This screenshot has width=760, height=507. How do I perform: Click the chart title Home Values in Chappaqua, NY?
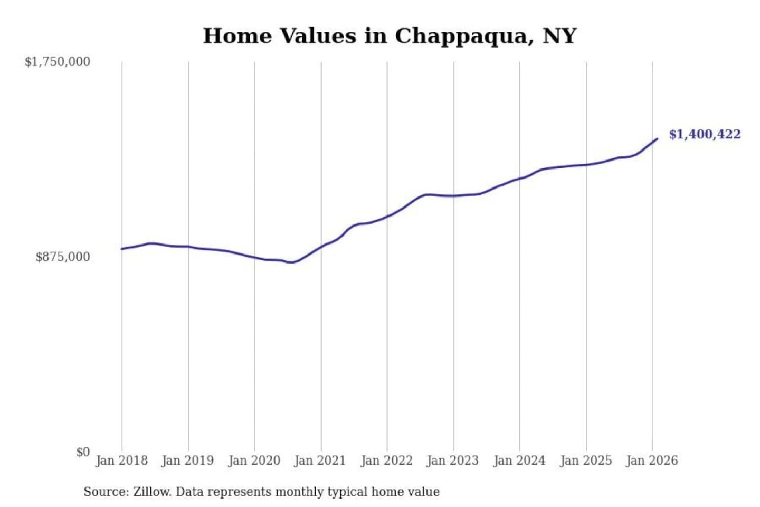389,36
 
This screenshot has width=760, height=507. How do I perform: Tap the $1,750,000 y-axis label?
58,62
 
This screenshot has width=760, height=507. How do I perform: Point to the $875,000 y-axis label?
63,257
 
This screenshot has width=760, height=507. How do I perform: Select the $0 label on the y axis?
83,452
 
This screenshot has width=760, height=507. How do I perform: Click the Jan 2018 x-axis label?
121,461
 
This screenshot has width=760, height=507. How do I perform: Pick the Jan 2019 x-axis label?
188,461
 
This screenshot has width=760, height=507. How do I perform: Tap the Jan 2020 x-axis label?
254,461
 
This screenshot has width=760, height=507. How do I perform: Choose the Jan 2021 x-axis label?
320,461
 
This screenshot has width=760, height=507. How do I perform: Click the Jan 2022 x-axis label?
386,461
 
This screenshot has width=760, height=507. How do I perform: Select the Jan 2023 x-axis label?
452,461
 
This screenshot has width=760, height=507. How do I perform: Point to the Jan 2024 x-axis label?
519,461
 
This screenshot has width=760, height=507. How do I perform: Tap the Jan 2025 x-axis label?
585,461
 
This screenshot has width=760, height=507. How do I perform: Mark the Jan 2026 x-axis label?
651,461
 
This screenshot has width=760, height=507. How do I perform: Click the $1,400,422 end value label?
705,134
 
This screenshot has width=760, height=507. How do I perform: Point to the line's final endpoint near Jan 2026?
657,139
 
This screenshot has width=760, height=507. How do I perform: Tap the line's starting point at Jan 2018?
122,249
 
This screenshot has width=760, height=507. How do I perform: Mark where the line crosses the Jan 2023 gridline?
453,196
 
